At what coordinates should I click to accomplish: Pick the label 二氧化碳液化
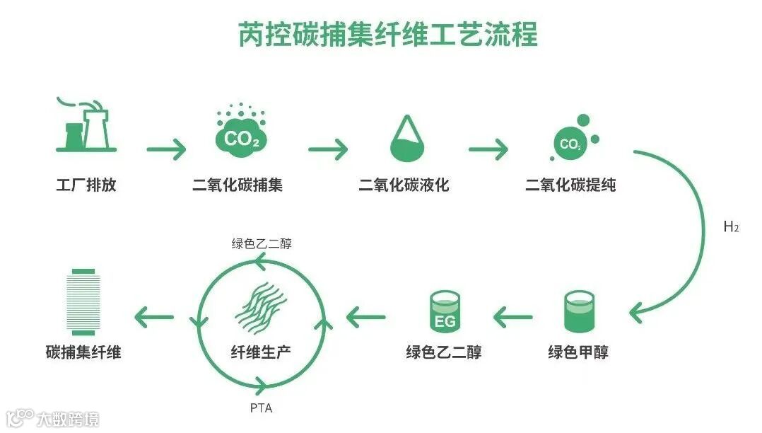[x=404, y=186]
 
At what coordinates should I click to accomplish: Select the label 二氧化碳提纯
[x=570, y=186]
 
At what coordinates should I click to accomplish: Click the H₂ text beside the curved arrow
[x=731, y=227]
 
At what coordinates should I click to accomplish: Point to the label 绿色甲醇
[x=578, y=352]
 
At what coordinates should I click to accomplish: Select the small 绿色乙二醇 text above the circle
[x=262, y=244]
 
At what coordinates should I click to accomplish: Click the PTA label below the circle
[x=261, y=408]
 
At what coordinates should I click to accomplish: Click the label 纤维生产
[x=261, y=352]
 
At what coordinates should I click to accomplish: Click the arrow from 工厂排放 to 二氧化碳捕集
[x=166, y=149]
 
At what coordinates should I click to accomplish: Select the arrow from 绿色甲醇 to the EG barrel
[x=513, y=316]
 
